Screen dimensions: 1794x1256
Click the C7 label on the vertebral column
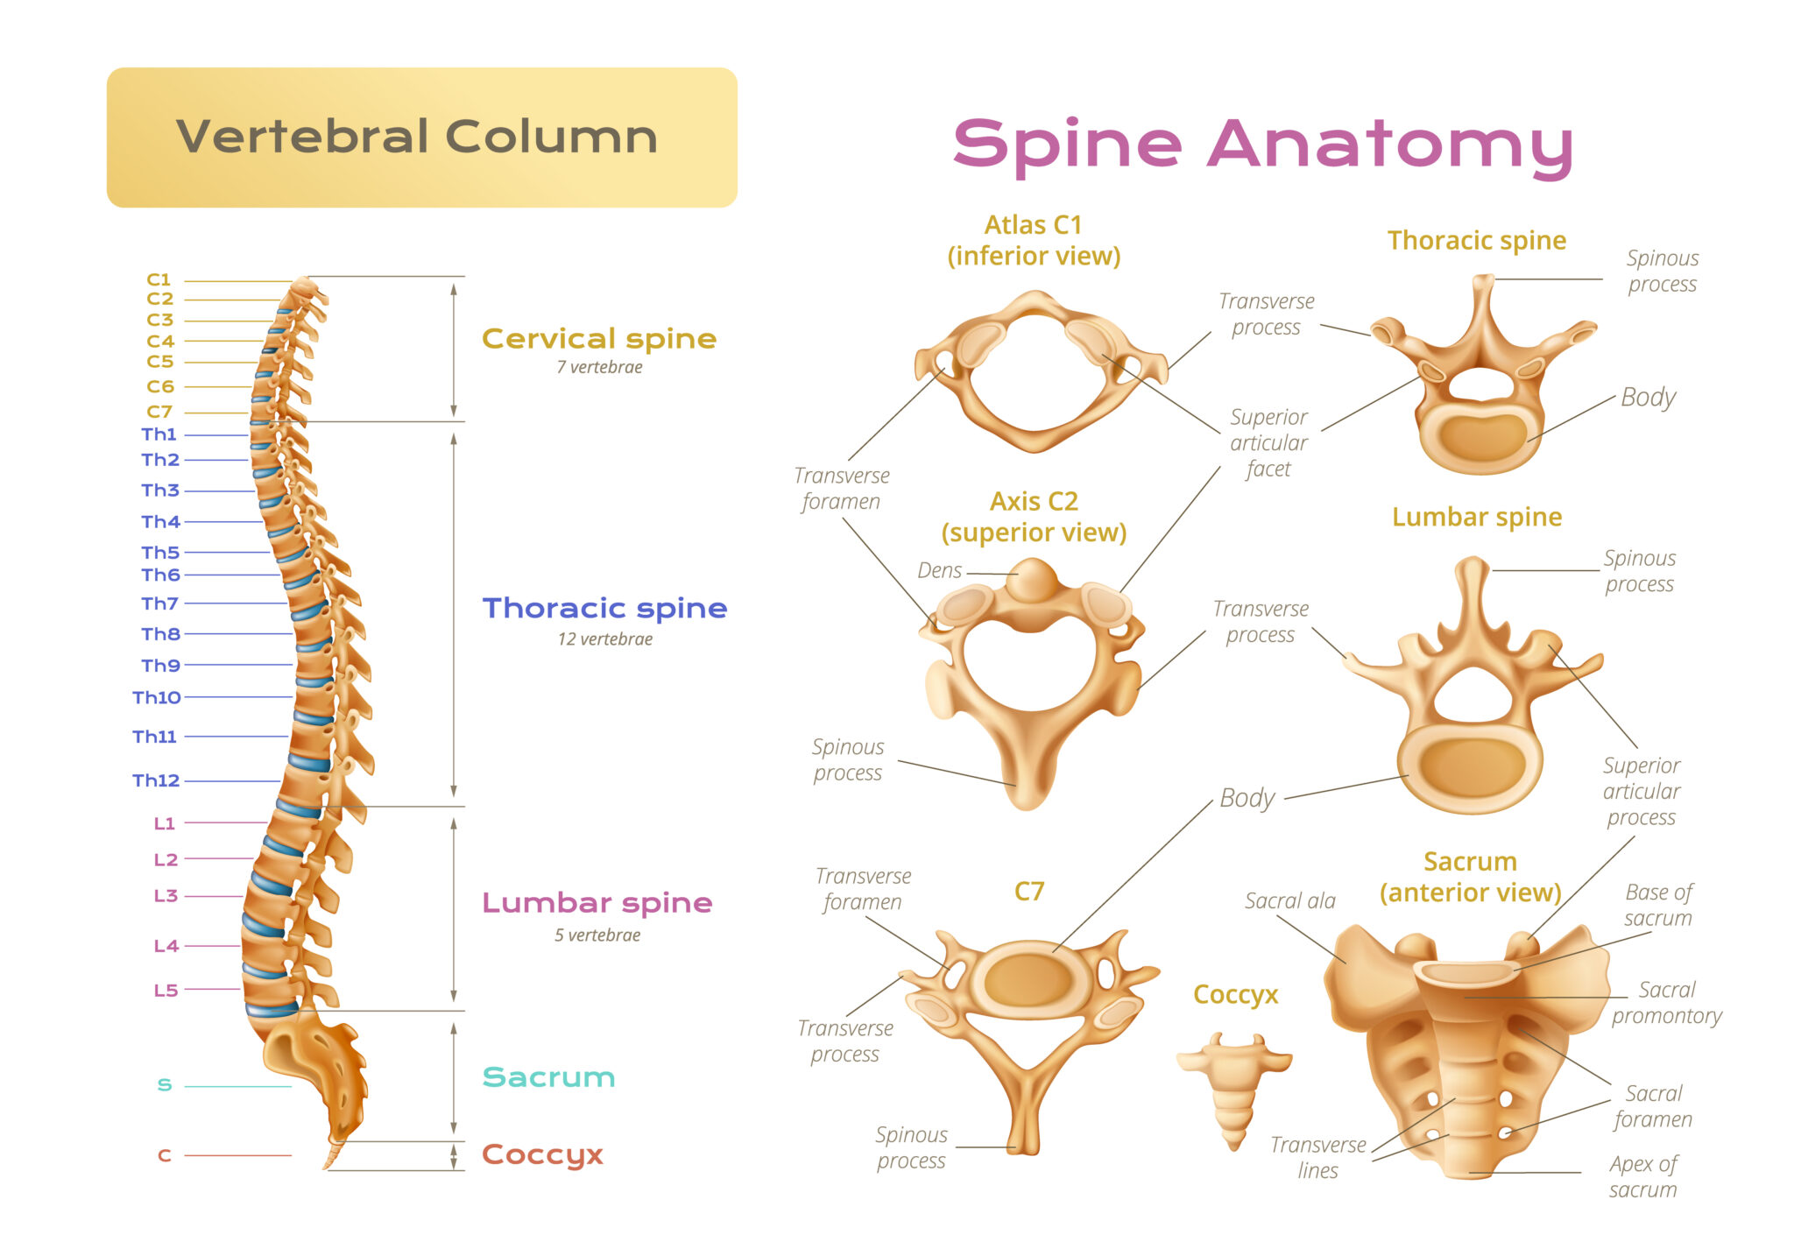click(159, 412)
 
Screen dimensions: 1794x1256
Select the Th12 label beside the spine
click(156, 780)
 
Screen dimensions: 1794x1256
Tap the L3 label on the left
click(166, 896)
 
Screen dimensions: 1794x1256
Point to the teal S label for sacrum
click(165, 1085)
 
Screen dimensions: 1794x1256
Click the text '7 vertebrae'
click(599, 368)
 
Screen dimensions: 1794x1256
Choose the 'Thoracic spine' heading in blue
click(604, 608)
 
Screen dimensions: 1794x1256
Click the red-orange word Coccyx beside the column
click(542, 1155)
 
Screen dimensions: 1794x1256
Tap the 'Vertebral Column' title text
click(417, 138)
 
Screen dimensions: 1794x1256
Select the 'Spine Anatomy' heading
click(1262, 145)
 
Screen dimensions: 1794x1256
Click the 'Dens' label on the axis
click(940, 571)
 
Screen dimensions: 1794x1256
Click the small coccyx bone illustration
click(1233, 1089)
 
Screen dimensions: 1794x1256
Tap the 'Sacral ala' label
click(1290, 901)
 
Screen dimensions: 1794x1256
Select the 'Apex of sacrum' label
click(1643, 1177)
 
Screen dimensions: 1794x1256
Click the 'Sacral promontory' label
click(1667, 1003)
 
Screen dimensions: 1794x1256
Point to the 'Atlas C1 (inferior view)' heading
click(1034, 241)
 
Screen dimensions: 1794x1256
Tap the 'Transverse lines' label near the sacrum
click(1318, 1158)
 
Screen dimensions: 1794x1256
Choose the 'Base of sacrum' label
click(1658, 906)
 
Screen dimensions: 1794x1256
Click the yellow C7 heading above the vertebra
click(1029, 892)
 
